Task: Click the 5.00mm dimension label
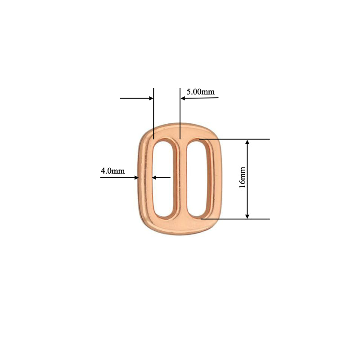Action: click(x=201, y=92)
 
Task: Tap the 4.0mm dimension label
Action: click(x=112, y=171)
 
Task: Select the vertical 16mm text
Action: click(x=243, y=177)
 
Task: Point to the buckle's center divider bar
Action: click(x=180, y=180)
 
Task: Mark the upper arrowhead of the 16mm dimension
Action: click(x=247, y=143)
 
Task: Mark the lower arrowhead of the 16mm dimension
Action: click(x=247, y=216)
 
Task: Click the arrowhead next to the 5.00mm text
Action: click(x=183, y=98)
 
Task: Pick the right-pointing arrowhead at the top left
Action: click(x=151, y=98)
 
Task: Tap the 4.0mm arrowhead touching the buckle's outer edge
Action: click(x=136, y=178)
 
